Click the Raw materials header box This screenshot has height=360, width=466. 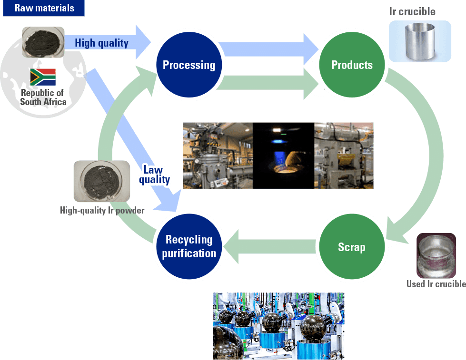point(44,8)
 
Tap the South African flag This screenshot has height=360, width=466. point(43,77)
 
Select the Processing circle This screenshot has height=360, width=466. point(189,65)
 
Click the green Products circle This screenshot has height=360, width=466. point(352,65)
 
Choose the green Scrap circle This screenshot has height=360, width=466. point(351,247)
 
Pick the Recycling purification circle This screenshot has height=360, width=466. point(189,246)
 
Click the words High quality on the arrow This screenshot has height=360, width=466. point(101,43)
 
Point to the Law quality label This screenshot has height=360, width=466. point(154,175)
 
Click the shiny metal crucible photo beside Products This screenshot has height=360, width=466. point(420,41)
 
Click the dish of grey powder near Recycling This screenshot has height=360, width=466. point(101,181)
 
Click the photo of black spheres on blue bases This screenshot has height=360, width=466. point(278,326)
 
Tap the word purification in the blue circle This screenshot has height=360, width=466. point(189,253)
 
